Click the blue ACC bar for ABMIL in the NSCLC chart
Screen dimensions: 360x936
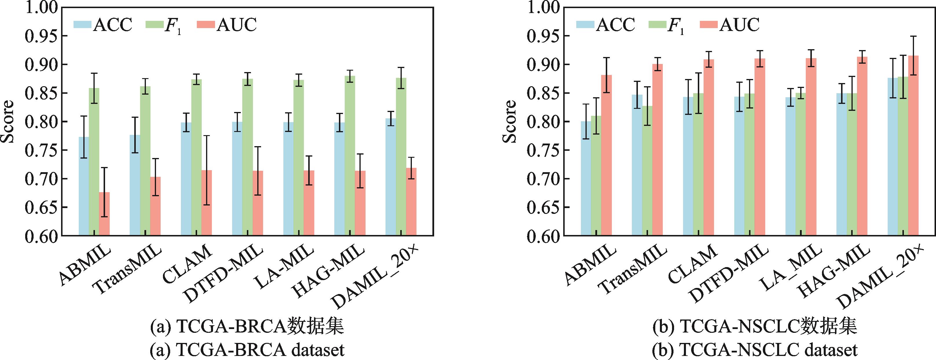586,178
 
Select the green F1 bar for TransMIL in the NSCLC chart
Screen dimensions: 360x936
647,171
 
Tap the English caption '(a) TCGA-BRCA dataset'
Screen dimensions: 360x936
247,350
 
